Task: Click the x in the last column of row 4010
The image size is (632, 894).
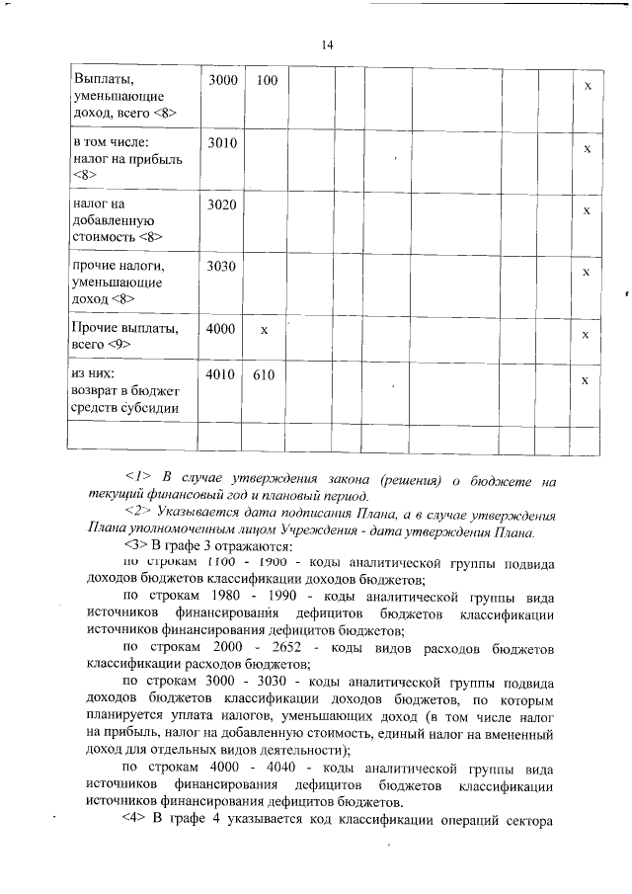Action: (x=587, y=381)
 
